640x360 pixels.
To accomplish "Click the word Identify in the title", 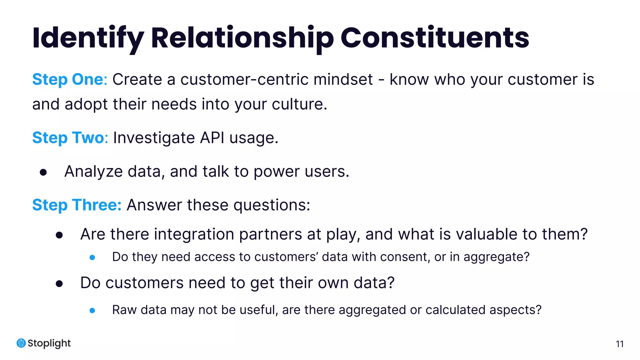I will click(x=88, y=38).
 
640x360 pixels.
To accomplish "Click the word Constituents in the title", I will click(x=434, y=38).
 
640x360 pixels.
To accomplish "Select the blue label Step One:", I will click(x=70, y=79).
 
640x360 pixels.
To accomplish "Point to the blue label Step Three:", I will click(x=77, y=205).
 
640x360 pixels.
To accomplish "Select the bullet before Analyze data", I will click(x=43, y=172).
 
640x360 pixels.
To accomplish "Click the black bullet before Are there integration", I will click(x=59, y=235).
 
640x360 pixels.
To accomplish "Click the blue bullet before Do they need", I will click(x=92, y=257).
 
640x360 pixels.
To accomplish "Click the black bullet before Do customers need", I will click(x=59, y=284).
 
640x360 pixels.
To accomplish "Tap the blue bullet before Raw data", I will click(x=92, y=311).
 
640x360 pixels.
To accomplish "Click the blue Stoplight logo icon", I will click(x=21, y=343).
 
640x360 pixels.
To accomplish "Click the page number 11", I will click(x=619, y=344).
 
